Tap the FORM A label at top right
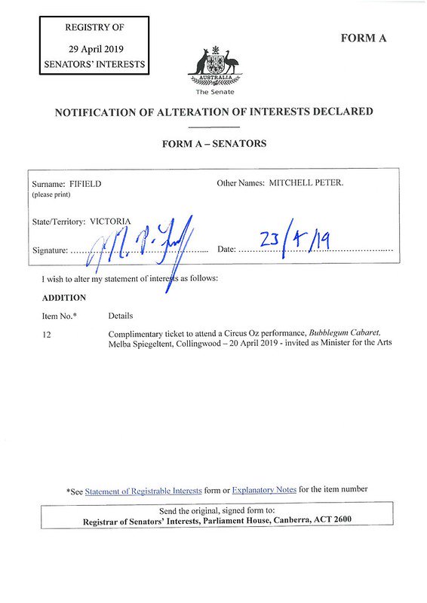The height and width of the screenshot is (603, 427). click(x=364, y=38)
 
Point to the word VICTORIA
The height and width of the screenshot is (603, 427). click(x=111, y=222)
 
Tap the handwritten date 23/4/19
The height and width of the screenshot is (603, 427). click(x=296, y=241)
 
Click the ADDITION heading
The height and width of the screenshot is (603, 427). click(x=63, y=297)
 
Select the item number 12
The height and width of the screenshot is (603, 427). click(x=47, y=334)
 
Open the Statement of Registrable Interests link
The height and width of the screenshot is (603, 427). click(x=143, y=490)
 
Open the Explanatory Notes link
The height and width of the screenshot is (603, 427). click(x=264, y=490)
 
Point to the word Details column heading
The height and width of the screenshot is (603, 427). click(x=121, y=316)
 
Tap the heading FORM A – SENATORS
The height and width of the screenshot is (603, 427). click(x=213, y=143)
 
